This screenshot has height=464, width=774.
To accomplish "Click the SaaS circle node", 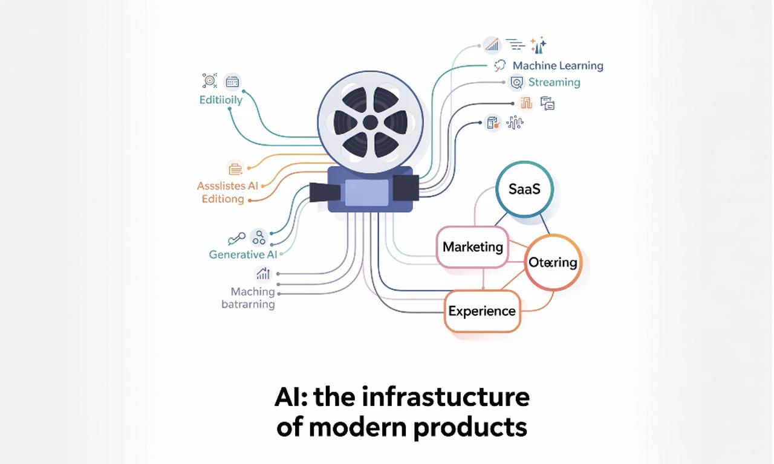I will pyautogui.click(x=524, y=189).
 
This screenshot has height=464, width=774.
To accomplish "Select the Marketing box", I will pyautogui.click(x=472, y=246).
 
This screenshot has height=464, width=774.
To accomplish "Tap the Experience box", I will pyautogui.click(x=482, y=311).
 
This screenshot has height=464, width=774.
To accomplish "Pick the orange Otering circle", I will pyautogui.click(x=553, y=263).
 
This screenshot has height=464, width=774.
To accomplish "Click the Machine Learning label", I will pyautogui.click(x=558, y=66).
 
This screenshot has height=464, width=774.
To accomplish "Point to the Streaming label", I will pyautogui.click(x=554, y=82).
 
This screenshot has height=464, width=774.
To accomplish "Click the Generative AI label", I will pyautogui.click(x=242, y=254).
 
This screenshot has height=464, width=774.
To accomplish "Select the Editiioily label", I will pyautogui.click(x=221, y=100).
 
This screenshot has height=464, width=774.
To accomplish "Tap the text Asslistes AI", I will pyautogui.click(x=227, y=185).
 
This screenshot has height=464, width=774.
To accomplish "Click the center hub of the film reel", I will pyautogui.click(x=370, y=123).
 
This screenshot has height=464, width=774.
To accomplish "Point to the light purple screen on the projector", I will pyautogui.click(x=366, y=192).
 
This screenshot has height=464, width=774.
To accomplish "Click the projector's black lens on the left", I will pyautogui.click(x=325, y=192).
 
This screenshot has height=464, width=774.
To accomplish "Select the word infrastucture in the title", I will pyautogui.click(x=446, y=398).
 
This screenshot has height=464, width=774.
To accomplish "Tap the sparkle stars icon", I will pyautogui.click(x=538, y=45).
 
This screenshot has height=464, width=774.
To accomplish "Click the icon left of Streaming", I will pyautogui.click(x=516, y=82).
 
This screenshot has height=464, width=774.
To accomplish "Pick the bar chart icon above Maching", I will pyautogui.click(x=263, y=274).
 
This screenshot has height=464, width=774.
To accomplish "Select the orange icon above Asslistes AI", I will pyautogui.click(x=235, y=168).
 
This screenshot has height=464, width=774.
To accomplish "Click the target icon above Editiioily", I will pyautogui.click(x=209, y=81).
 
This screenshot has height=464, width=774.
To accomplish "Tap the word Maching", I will pyautogui.click(x=253, y=291).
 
